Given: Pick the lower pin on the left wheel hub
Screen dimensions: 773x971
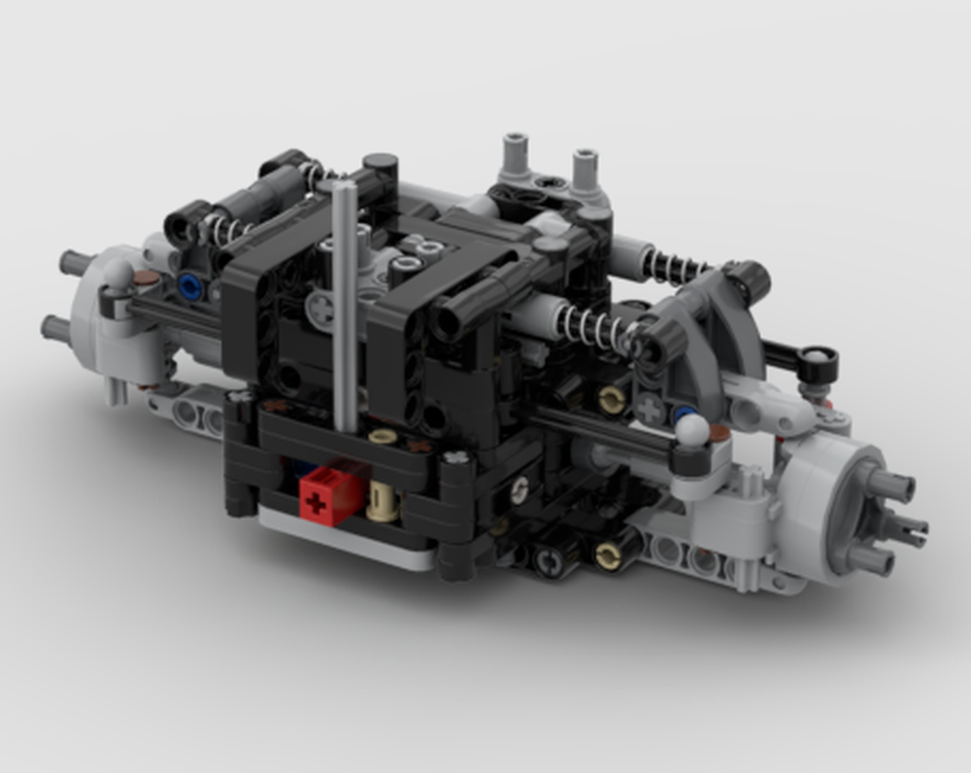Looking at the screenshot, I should point(57,327).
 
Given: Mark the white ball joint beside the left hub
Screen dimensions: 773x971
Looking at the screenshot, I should point(117,274).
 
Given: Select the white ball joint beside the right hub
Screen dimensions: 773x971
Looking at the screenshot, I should point(690,430).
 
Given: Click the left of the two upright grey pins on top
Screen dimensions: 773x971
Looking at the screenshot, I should point(516,155).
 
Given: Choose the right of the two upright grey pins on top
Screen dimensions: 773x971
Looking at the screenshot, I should point(585,168).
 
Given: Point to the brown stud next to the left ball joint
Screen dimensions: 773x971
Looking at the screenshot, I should point(147,279).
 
